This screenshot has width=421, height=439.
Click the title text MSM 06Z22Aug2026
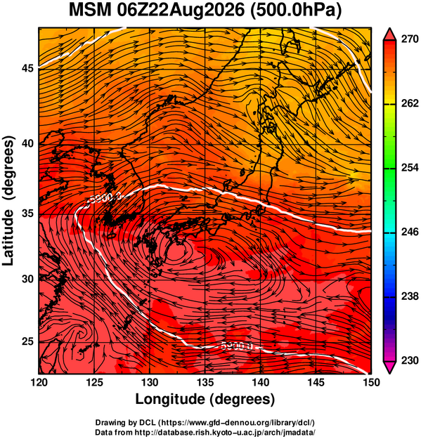coord(157,11)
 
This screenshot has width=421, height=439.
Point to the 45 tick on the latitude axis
coord(27,68)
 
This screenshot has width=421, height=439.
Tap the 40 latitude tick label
coord(27,143)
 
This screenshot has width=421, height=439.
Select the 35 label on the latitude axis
coord(27,214)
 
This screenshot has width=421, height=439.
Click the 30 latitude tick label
coord(27,279)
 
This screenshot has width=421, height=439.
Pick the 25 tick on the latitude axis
coord(27,342)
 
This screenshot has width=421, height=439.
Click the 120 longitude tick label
coord(39,382)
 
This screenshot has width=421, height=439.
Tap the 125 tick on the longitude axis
coord(94,382)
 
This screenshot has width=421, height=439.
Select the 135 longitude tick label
coord(205,382)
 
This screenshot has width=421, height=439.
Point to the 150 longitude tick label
coord(371,382)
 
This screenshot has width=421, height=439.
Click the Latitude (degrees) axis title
coord(8,201)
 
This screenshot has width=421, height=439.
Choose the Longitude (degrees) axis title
coord(205,400)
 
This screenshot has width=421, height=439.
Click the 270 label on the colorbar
coord(410,39)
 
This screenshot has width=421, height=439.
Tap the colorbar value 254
coord(410,168)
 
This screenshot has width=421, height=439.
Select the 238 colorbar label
coord(410,296)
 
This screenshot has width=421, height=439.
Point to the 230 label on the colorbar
coord(410,360)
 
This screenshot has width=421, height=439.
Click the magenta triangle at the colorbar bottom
coord(389,367)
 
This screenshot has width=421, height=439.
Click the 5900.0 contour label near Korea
coord(105,197)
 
